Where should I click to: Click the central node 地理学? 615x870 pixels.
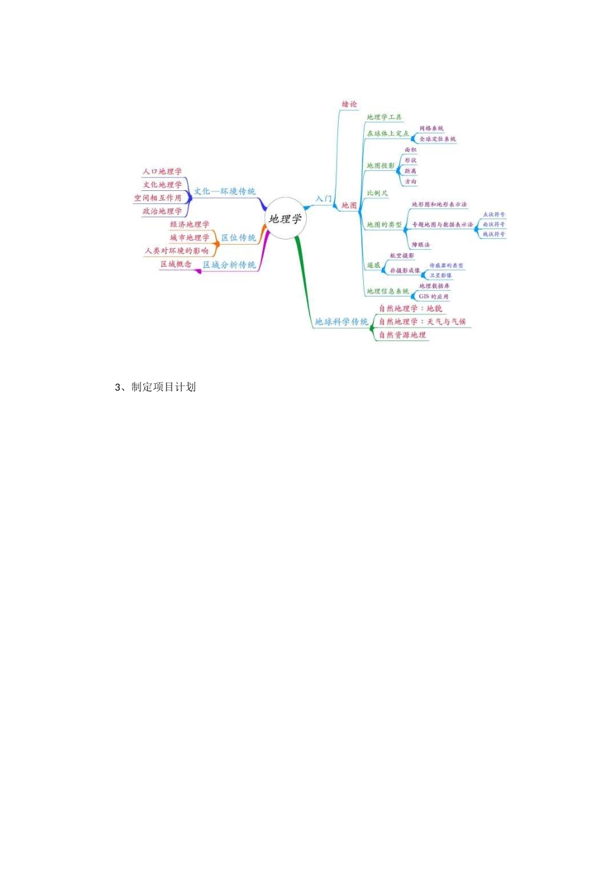point(285,219)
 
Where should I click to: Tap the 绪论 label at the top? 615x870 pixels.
point(350,104)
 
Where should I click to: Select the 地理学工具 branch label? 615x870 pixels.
point(385,117)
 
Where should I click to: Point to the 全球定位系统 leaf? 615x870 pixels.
point(438,139)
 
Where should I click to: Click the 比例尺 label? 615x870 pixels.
point(377,193)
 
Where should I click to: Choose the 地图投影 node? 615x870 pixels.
point(381,166)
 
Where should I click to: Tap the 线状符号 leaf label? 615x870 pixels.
point(494,234)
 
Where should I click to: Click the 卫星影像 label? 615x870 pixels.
point(441,276)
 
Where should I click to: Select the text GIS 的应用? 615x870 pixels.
point(434,296)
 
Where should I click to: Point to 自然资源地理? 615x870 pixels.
point(403,335)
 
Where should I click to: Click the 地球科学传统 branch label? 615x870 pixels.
point(342,322)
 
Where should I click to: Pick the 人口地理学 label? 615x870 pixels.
point(162,172)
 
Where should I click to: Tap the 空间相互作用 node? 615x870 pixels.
point(158,198)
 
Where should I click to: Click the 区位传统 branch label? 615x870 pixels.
point(239,238)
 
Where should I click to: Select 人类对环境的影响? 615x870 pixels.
point(177,251)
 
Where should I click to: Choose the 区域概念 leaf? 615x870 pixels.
point(176,264)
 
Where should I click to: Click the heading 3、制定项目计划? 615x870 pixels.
point(155,387)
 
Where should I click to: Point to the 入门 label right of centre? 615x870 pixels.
point(324,199)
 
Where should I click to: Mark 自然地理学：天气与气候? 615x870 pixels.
point(422,322)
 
